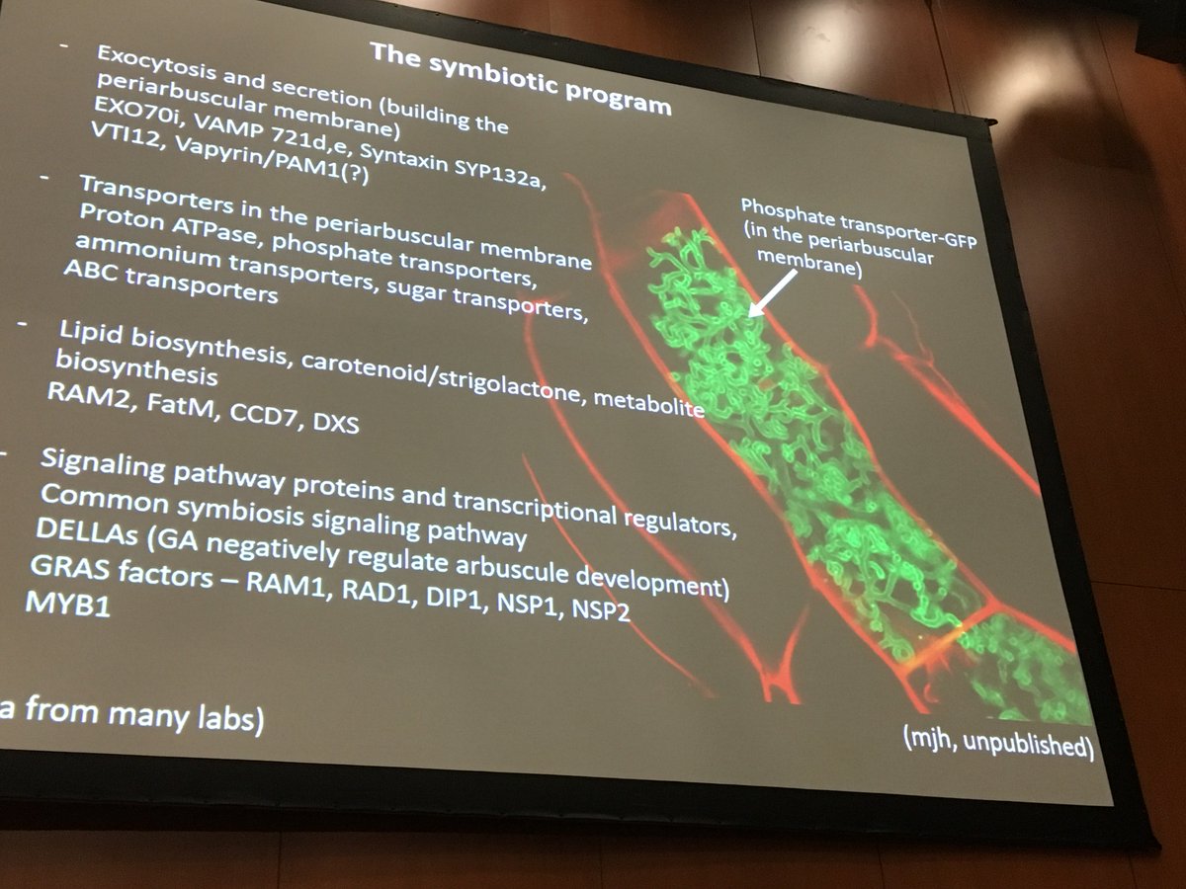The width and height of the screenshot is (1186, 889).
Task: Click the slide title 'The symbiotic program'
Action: click(x=521, y=75)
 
